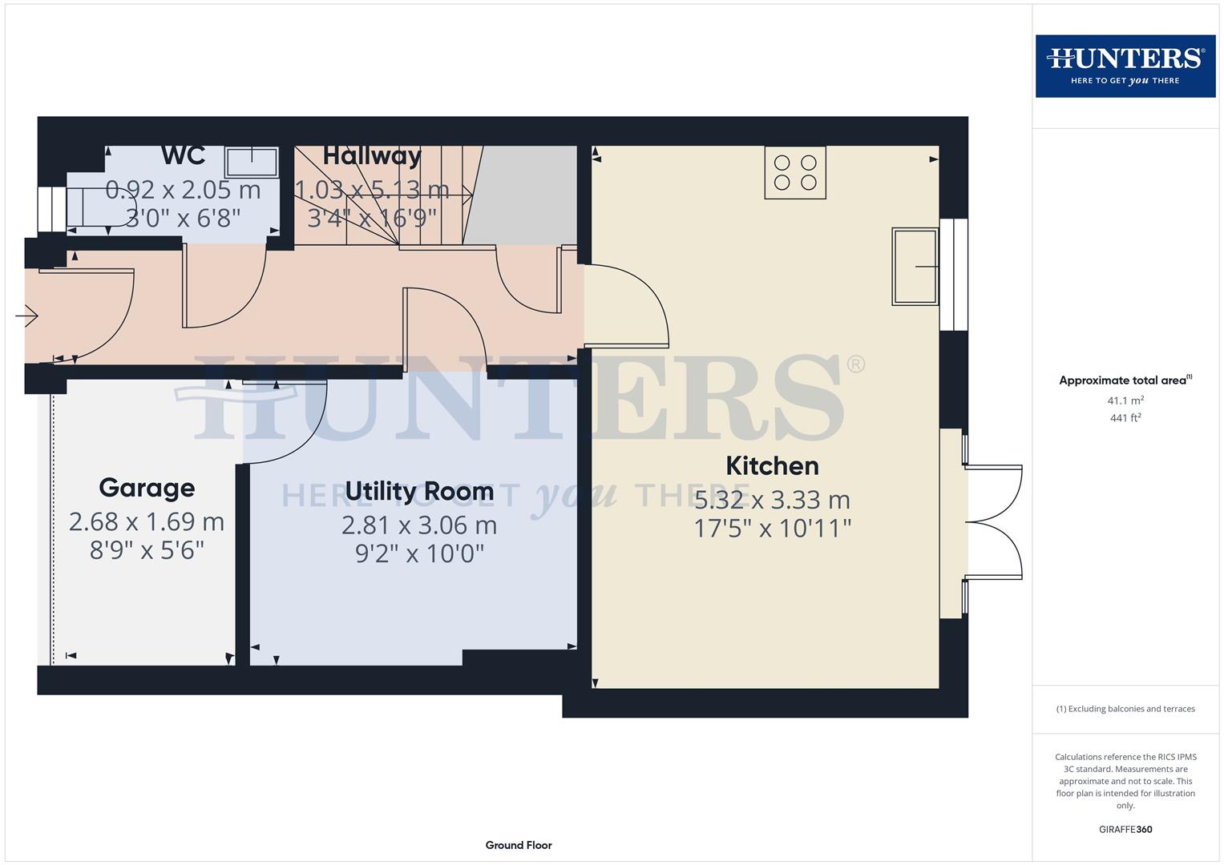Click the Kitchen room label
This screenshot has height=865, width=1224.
(772, 466)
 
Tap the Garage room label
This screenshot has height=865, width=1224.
(147, 488)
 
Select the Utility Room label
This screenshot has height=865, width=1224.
(418, 491)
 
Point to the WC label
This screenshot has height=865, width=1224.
(183, 155)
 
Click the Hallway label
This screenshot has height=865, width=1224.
(372, 155)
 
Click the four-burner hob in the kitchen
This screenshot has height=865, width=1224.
(794, 172)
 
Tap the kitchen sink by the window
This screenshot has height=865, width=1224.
(915, 267)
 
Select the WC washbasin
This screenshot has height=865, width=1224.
(251, 163)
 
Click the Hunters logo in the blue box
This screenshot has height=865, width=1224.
(1125, 66)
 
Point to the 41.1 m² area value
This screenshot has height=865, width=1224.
(1125, 400)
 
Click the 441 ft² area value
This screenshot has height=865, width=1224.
(1125, 418)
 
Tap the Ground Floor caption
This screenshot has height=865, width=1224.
(518, 845)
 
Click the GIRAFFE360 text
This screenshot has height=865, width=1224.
(1125, 829)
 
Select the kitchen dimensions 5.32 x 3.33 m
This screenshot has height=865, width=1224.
(772, 500)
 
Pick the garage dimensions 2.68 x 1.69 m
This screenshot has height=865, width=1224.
(147, 521)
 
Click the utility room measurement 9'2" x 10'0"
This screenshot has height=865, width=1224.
(419, 553)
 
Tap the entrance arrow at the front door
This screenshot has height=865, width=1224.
(27, 316)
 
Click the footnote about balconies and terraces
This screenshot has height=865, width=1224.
(1125, 709)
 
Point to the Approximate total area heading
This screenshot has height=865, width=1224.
(1125, 380)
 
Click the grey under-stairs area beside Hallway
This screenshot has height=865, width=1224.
(525, 195)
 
